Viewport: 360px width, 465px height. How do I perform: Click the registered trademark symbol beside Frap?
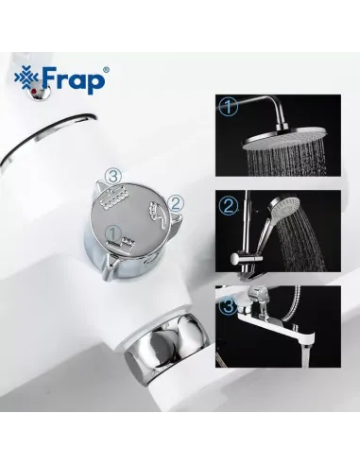pos(104,68)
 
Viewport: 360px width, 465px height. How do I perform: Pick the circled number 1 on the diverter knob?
pos(112,232)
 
